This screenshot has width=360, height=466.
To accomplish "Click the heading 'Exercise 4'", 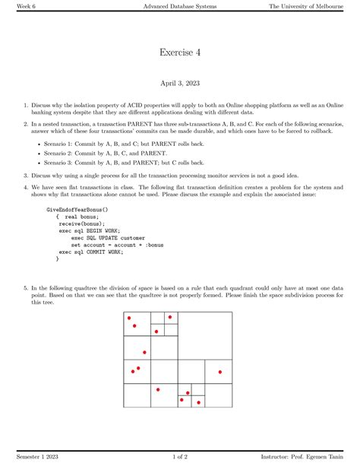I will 180,52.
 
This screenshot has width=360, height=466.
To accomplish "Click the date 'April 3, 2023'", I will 180,84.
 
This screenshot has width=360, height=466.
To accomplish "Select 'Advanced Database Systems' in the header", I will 179,7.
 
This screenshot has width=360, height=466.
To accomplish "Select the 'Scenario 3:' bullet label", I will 60,162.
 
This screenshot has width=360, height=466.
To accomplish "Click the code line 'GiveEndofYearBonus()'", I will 77,208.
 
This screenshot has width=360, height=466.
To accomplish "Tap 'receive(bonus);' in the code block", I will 81,224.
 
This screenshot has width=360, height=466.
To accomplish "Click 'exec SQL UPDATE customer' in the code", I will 109,238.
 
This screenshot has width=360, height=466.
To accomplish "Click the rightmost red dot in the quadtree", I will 220,372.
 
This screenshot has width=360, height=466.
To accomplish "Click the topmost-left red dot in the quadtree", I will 129,318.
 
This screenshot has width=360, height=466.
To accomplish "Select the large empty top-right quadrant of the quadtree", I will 205,335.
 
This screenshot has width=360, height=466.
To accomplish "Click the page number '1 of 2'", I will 180,456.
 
